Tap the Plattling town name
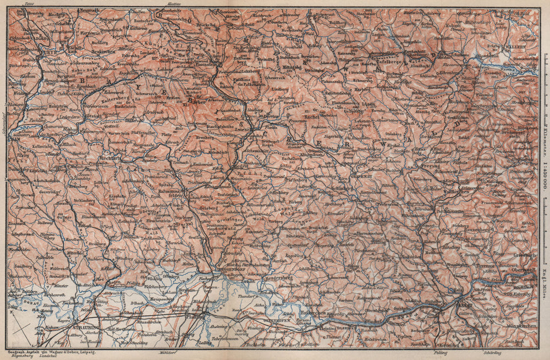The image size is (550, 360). point(196,317)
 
